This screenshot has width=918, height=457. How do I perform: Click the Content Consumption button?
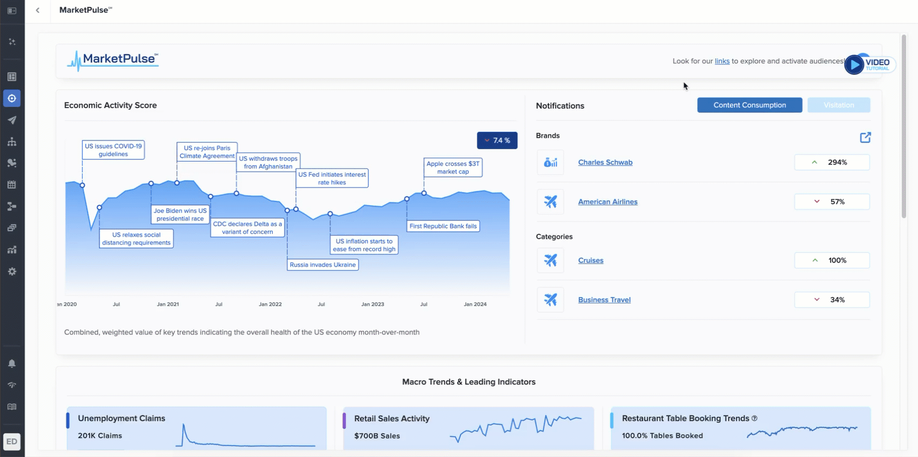(750, 105)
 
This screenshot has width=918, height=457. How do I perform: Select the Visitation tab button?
(839, 105)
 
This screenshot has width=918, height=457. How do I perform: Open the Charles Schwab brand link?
(605, 163)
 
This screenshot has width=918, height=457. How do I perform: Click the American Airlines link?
(607, 202)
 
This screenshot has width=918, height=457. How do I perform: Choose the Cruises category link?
(591, 260)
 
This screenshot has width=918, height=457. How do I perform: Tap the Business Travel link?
(604, 300)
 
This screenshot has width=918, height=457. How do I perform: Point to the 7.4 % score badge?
(497, 140)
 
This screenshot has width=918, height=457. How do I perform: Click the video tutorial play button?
(854, 65)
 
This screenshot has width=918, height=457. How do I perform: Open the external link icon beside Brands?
(865, 138)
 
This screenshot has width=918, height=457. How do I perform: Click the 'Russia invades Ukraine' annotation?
(322, 265)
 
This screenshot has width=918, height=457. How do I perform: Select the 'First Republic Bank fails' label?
(443, 226)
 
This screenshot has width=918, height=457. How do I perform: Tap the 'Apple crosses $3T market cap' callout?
(453, 167)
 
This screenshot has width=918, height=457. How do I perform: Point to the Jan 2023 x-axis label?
(373, 304)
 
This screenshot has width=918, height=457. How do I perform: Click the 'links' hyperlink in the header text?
(722, 62)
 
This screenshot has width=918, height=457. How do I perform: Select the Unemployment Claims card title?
(122, 419)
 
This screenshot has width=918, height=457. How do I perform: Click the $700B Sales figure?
(377, 436)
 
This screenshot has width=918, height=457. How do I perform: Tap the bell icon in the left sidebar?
(12, 364)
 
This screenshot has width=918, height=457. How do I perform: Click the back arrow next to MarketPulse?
(37, 10)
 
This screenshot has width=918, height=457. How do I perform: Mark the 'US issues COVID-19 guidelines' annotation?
(113, 150)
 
